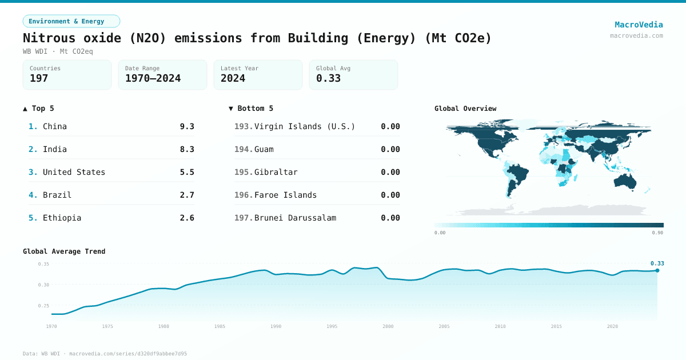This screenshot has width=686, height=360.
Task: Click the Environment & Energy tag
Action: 71,21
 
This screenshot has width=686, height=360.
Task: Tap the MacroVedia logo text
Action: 639,25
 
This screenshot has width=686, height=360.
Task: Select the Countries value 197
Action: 39,79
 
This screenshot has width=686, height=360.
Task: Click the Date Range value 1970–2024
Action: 153,79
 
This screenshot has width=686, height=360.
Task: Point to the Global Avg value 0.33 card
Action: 353,75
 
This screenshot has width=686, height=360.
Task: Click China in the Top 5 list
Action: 55,126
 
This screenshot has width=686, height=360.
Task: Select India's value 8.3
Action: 187,149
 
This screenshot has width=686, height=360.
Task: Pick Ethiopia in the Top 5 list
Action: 62,218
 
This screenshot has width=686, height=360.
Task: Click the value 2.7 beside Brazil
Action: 187,195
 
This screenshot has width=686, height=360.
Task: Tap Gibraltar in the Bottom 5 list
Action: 276,172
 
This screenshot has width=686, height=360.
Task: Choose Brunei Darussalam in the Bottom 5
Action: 295,218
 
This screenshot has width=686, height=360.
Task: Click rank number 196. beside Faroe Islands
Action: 243,195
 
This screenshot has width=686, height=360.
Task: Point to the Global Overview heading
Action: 465,109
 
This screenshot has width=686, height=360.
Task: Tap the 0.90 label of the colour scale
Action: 657,233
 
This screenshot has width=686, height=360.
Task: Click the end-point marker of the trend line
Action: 657,270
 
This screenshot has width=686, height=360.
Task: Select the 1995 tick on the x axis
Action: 332,326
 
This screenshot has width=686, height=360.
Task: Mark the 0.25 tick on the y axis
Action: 43,306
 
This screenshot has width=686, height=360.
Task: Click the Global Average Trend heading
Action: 64,251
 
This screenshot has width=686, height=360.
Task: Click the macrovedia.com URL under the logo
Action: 636,35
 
